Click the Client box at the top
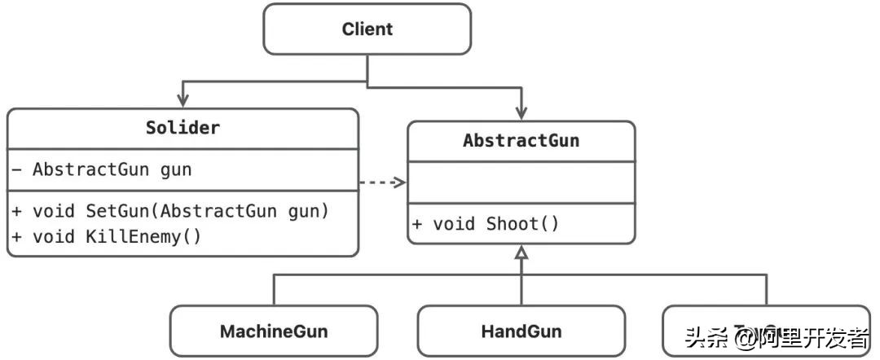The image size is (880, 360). click(367, 29)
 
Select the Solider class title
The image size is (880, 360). click(183, 128)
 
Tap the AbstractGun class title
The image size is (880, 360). click(521, 140)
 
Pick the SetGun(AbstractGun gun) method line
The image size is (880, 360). click(169, 211)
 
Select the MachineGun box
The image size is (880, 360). click(273, 331)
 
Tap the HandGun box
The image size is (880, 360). click(521, 331)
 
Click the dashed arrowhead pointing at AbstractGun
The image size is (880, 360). click(399, 182)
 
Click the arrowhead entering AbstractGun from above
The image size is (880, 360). click(521, 113)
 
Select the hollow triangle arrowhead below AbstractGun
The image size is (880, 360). click(521, 252)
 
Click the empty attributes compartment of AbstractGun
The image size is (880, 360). click(521, 182)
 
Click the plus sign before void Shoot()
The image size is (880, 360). click(416, 224)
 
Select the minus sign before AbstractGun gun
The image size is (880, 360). click(17, 170)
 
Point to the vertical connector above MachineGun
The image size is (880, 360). click(273, 290)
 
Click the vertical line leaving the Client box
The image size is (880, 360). click(367, 68)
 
